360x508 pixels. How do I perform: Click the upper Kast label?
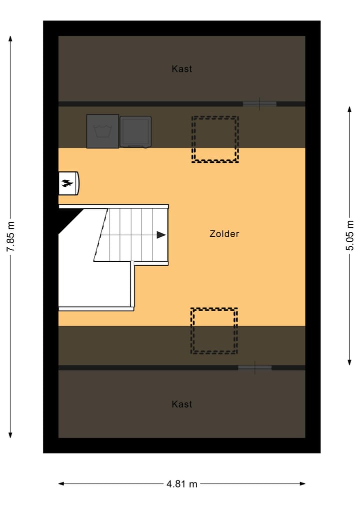pos(181,69)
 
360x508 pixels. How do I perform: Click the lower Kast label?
pos(181,404)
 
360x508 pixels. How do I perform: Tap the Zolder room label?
pos(224,234)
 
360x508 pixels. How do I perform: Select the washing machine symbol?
pos(102,131)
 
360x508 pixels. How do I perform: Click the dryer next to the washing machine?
pos(135,132)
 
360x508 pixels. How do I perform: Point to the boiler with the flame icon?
pos(68,183)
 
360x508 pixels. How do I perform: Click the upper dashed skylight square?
pos(215,139)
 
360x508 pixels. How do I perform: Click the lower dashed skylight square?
pos(214,331)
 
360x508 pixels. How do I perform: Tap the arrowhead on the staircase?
pos(161,235)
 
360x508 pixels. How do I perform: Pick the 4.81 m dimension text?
pos(181,484)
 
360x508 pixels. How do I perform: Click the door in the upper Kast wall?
pos(259,104)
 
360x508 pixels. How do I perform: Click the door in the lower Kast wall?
pos(254,368)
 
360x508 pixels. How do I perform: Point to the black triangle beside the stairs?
pos(68,218)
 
